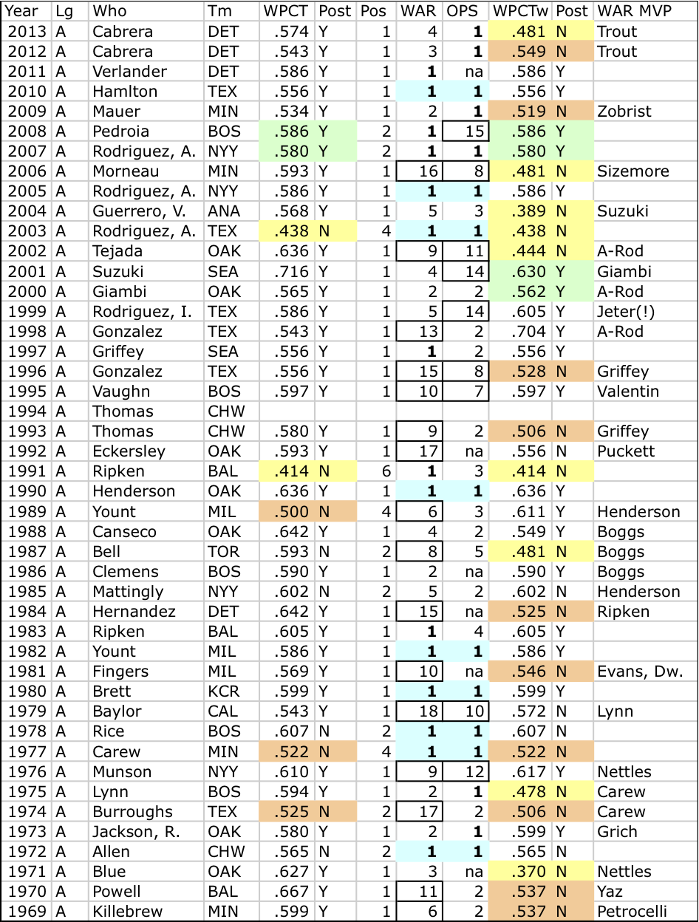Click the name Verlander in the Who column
(130, 72)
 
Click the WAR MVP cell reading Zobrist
(624, 112)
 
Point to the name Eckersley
(129, 451)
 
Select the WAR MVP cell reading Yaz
(611, 892)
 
